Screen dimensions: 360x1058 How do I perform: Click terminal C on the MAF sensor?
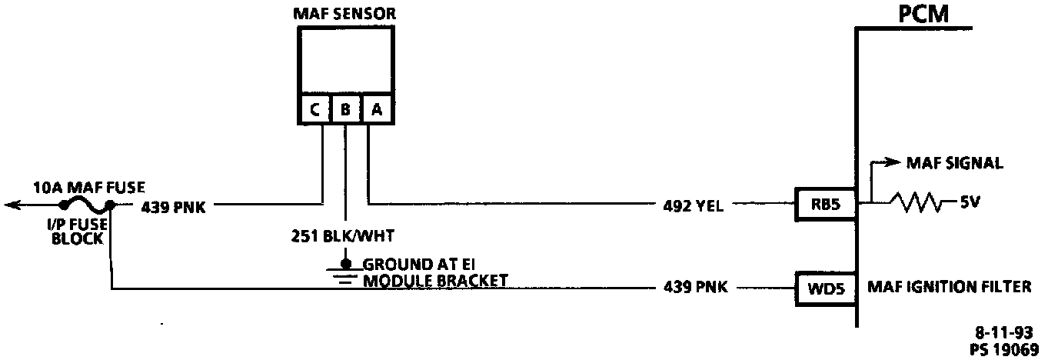pyautogui.click(x=315, y=110)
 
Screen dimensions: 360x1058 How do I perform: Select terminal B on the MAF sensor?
pyautogui.click(x=346, y=110)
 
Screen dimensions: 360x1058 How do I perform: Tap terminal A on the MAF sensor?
pyautogui.click(x=376, y=110)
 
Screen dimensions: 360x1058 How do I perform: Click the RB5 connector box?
pyautogui.click(x=825, y=205)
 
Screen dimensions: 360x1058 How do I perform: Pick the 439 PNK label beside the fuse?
pyautogui.click(x=172, y=206)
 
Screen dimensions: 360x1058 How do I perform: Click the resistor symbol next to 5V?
pyautogui.click(x=915, y=204)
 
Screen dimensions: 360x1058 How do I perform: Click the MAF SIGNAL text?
pyautogui.click(x=954, y=163)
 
